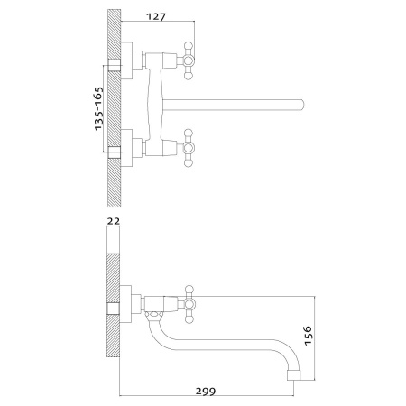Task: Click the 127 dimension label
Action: pos(156,16)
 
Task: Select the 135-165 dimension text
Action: pos(99,108)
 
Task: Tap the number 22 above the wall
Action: pos(114,221)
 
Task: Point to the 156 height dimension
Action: pos(309,336)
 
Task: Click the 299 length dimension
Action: pos(206,392)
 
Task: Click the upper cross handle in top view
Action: pos(188,60)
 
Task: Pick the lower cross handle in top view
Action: pos(188,148)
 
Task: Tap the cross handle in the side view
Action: pos(189,304)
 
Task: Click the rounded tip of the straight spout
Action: pos(301,106)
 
